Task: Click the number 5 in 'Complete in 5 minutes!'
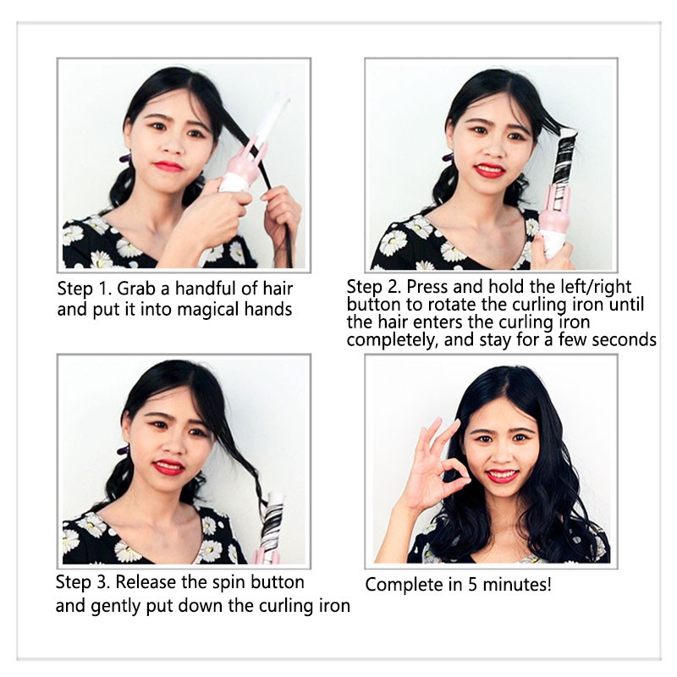(472, 585)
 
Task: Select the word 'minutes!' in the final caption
(517, 585)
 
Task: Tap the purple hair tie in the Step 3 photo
(124, 450)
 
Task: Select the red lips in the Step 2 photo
(490, 169)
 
